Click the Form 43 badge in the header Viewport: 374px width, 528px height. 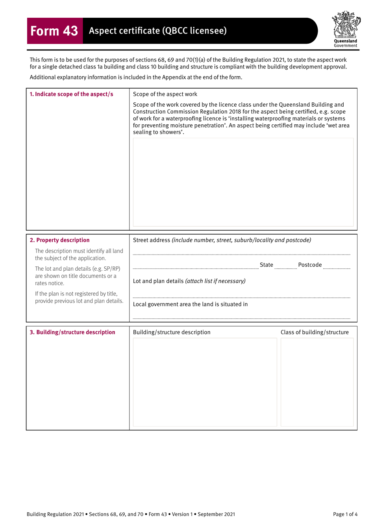55,31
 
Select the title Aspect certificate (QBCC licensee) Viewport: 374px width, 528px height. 158,31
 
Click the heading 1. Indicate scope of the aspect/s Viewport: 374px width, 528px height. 71,94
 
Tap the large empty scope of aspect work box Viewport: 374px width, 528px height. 243,182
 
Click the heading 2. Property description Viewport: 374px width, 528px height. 59,240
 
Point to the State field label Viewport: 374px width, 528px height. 267,265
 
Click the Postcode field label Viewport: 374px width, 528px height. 310,265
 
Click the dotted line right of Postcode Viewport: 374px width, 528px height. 337,267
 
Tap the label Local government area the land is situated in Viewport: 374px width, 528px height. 190,304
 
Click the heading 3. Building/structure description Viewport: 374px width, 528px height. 72,332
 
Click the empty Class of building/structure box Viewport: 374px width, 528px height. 317,382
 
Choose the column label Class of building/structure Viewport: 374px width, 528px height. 315,332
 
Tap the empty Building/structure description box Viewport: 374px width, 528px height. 205,382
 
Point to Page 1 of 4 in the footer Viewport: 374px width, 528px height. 345,514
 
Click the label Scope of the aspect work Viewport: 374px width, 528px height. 165,94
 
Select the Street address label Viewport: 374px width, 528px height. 152,240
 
